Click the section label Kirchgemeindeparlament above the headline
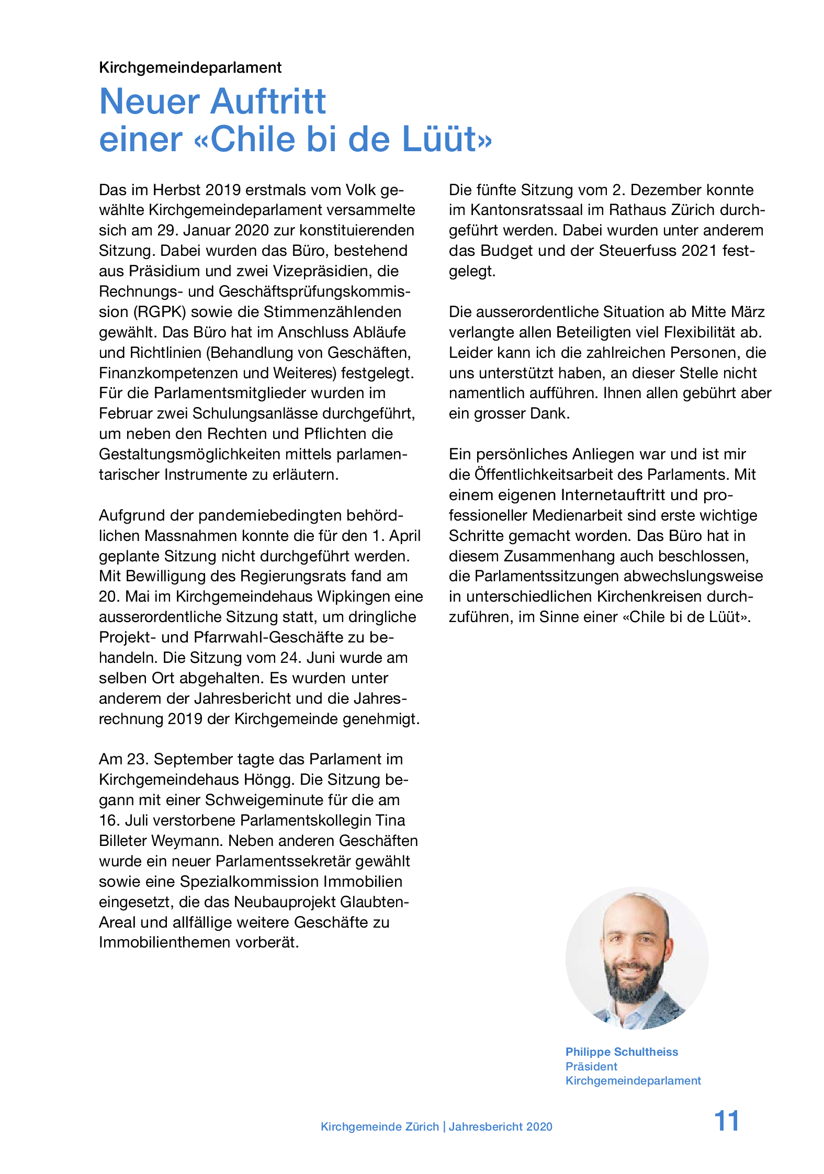(x=190, y=67)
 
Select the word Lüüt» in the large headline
(x=447, y=139)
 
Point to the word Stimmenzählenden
(x=332, y=312)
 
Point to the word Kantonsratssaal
(x=525, y=210)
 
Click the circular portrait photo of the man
(x=637, y=957)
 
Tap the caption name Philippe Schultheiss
(x=622, y=1052)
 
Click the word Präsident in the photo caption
(x=591, y=1066)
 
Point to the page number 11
(x=726, y=1121)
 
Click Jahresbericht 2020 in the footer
(x=500, y=1126)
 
